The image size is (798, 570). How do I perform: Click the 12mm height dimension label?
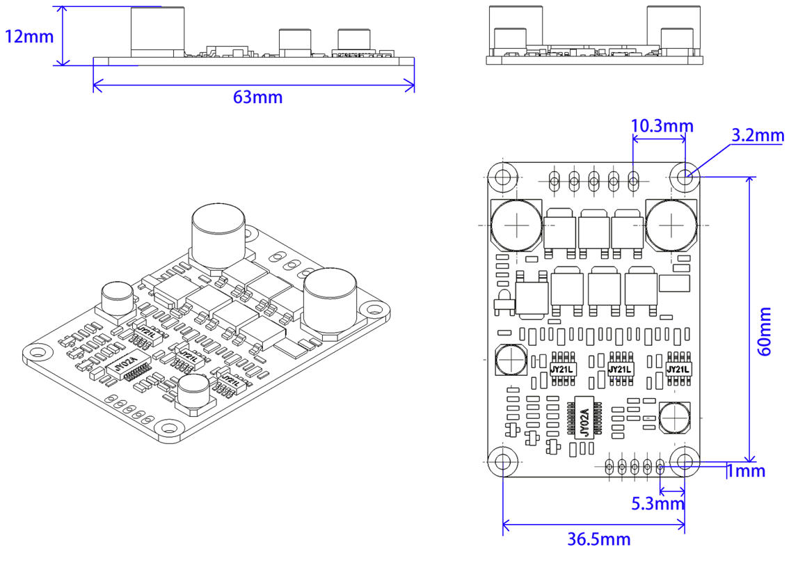tap(29, 36)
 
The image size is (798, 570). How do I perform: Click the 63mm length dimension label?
tap(257, 97)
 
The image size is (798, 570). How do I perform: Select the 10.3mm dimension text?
tap(662, 126)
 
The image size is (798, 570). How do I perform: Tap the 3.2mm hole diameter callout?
tap(758, 135)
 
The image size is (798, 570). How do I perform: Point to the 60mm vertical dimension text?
tap(764, 332)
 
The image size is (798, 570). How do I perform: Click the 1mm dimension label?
tap(746, 472)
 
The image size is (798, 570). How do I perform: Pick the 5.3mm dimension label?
tap(657, 503)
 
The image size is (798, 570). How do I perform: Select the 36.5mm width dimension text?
tap(598, 539)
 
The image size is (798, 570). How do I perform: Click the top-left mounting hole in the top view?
tap(502, 177)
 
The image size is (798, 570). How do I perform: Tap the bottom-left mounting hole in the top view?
tap(502, 461)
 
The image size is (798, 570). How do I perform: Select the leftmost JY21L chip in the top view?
tap(561, 370)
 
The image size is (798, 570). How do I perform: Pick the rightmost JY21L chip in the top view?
tap(678, 370)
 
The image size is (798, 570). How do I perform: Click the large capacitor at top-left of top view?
tap(516, 224)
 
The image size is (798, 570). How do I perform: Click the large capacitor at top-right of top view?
tap(671, 224)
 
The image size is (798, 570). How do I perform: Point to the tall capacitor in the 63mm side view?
tap(157, 31)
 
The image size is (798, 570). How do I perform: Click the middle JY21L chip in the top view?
tap(619, 370)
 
